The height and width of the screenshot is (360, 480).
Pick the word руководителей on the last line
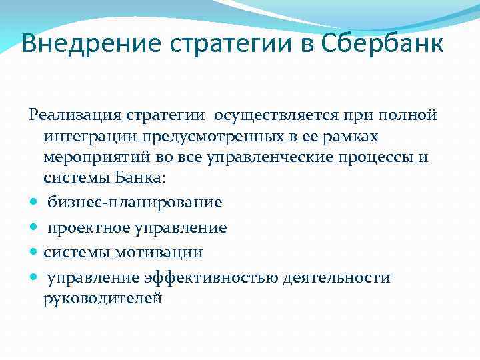(x=103, y=299)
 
